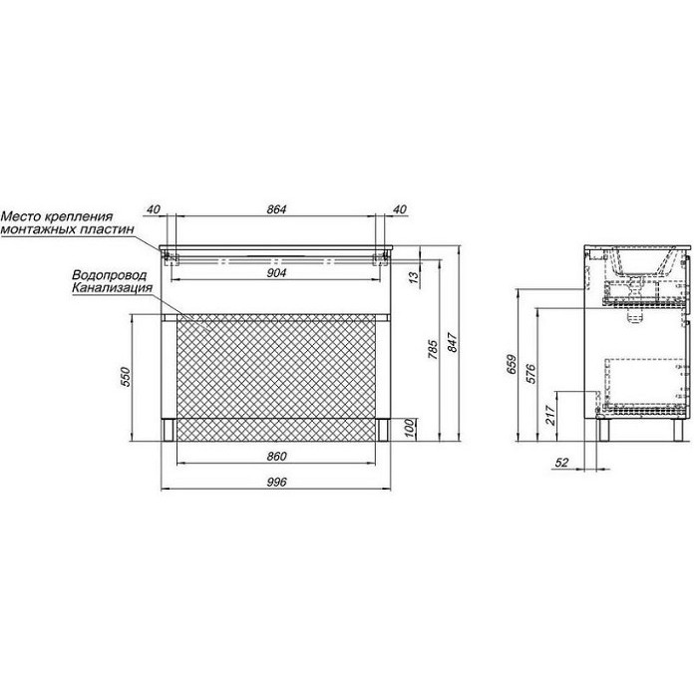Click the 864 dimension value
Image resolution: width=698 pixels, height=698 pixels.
point(276,208)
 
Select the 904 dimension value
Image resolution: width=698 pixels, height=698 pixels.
point(276,273)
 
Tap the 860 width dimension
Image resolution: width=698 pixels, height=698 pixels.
point(276,457)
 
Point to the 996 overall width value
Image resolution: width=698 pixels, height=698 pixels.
point(276,482)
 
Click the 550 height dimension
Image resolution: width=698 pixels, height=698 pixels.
point(126,377)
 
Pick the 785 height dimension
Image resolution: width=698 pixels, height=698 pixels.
point(433,349)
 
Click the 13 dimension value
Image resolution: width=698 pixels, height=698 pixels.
point(414,277)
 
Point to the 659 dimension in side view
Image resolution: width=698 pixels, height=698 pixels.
point(512,364)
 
